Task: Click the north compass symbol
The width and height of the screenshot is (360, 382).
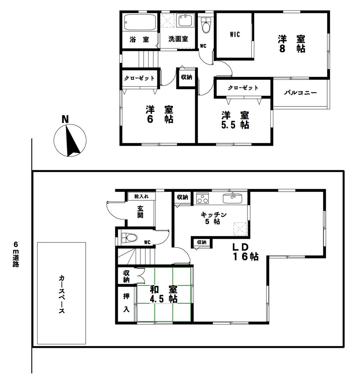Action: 70,140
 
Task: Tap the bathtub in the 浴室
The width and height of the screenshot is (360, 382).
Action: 140,22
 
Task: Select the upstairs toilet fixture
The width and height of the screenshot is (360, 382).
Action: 206,26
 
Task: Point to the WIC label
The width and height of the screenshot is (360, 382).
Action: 235,35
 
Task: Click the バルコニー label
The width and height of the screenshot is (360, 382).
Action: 301,93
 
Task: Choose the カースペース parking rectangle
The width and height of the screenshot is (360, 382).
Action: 62,293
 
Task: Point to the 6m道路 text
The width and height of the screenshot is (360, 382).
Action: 15,254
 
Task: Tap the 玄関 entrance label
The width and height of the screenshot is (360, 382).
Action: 140,212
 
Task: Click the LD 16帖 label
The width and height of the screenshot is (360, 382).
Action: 245,251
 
